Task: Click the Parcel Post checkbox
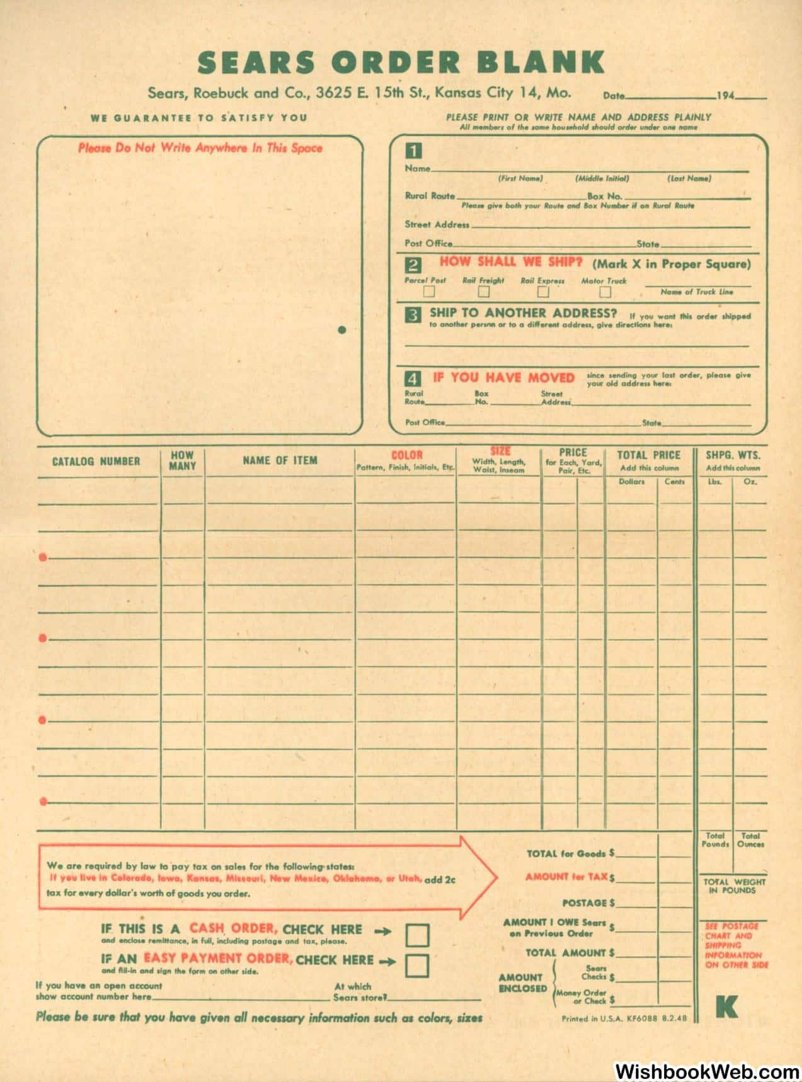pos(429,292)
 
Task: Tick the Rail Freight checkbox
pos(483,292)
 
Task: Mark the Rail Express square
pos(542,292)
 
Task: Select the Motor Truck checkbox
pos(605,292)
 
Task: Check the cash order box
pos(417,935)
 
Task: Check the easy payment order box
pos(417,965)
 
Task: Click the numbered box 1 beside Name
pos(413,151)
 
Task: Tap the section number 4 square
pos(413,379)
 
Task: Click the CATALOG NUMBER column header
pos(96,462)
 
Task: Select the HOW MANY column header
pos(182,460)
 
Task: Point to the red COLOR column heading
pos(406,455)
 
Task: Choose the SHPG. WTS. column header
pos(733,455)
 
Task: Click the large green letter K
pos(726,1007)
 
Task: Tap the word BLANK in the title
pos(541,62)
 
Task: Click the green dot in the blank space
pos(342,329)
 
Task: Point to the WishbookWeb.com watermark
pos(706,1070)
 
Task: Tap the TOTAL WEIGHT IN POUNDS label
pos(734,886)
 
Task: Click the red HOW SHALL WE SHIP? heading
pos(511,262)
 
